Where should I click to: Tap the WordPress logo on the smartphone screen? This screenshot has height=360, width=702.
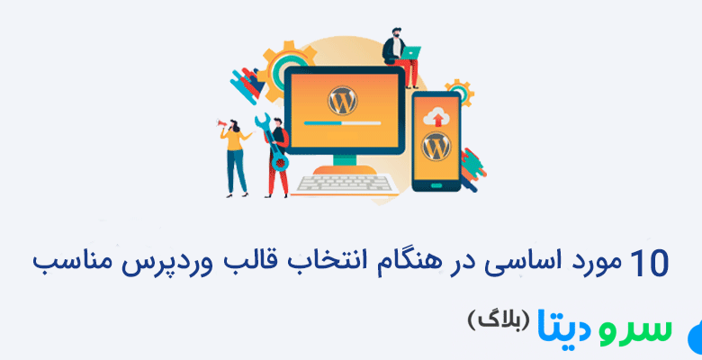coord(436,144)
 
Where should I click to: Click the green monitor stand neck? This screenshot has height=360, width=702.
coord(343,157)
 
